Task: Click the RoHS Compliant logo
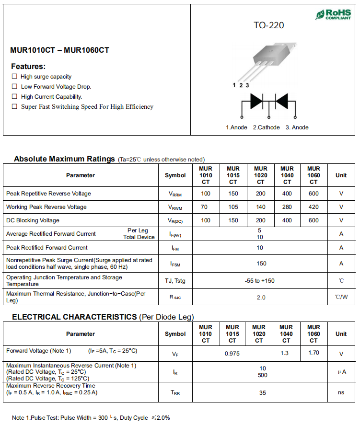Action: tap(333, 14)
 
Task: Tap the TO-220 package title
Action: tap(268, 25)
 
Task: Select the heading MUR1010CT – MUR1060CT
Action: tap(59, 50)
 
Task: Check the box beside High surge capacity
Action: tap(14, 76)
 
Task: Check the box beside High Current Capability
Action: tap(14, 96)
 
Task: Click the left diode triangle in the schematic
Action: tap(256, 101)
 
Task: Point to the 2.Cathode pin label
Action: tap(266, 127)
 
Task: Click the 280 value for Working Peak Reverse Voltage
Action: tap(287, 207)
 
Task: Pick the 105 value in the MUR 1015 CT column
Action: tap(233, 207)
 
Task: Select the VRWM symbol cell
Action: tap(175, 207)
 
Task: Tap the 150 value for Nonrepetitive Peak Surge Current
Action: tap(261, 264)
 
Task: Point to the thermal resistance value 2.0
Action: tap(261, 298)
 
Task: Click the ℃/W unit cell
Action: tap(341, 298)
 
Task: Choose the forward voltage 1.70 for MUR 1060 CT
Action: tap(314, 354)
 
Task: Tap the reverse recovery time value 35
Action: tap(263, 393)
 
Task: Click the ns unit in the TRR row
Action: tap(341, 393)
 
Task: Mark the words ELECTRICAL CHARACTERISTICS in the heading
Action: tap(74, 317)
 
